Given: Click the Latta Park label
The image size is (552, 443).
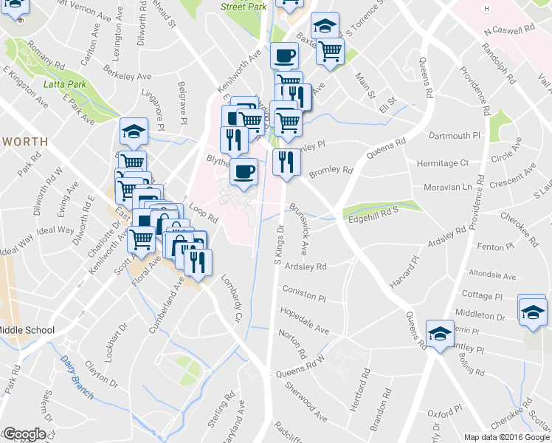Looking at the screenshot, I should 64,84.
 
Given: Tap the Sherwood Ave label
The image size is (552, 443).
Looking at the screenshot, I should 306,402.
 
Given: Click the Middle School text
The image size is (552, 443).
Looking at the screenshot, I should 27,329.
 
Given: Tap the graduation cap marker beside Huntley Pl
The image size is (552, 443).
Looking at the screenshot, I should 440,334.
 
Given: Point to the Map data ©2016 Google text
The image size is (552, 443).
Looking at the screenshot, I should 507,437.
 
